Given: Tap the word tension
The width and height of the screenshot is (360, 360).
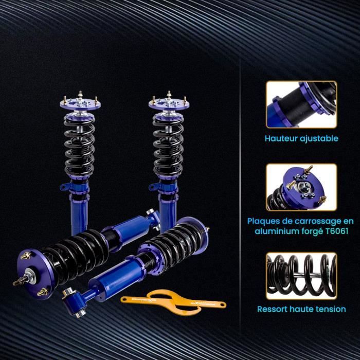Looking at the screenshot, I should pyautogui.click(x=331, y=309).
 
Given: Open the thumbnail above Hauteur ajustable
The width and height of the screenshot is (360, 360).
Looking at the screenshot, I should pyautogui.click(x=301, y=104).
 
